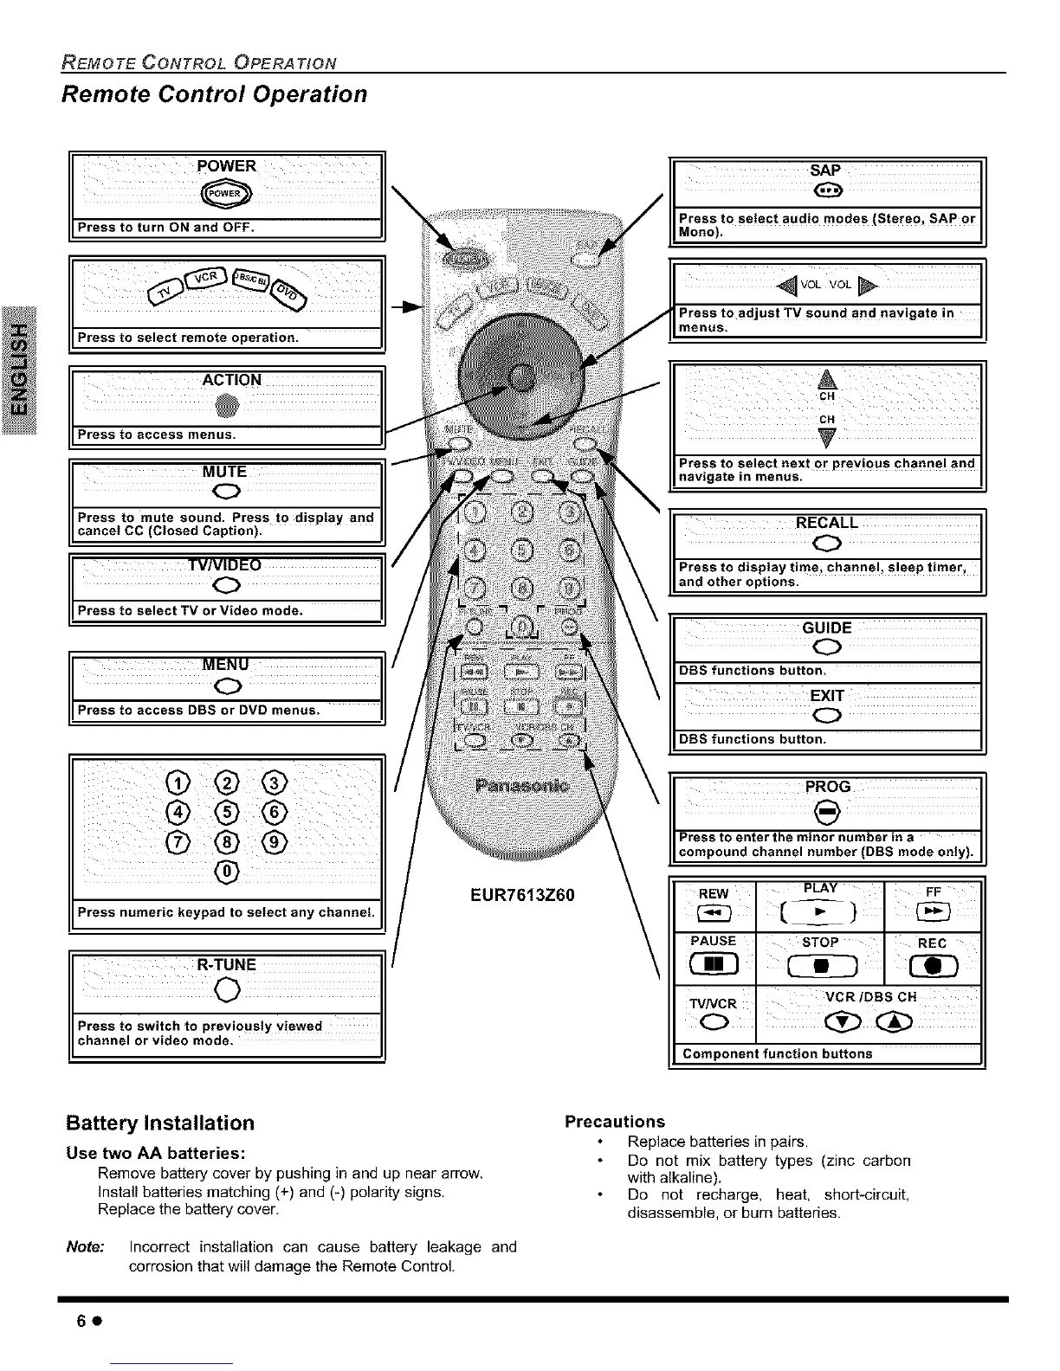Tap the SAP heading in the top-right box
pyautogui.click(x=825, y=171)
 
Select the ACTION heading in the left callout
pyautogui.click(x=231, y=380)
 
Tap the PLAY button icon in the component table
pyautogui.click(x=819, y=910)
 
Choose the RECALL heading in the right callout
pyautogui.click(x=826, y=523)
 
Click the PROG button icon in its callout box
pyautogui.click(x=827, y=811)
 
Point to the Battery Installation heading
pyautogui.click(x=160, y=1123)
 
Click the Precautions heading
pyautogui.click(x=614, y=1122)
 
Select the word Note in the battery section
pyautogui.click(x=85, y=1246)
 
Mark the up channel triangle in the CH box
pyautogui.click(x=826, y=378)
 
